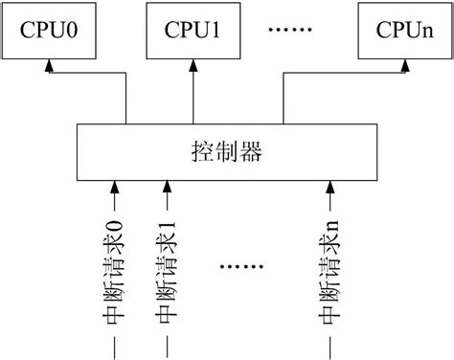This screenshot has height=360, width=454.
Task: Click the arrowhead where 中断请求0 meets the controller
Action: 116,182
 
